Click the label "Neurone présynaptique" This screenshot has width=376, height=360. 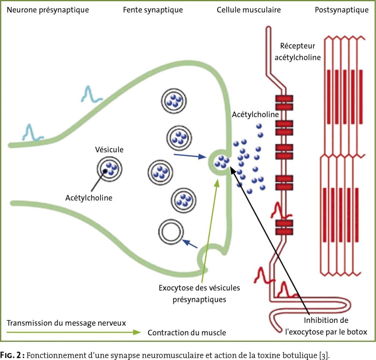tap(48, 10)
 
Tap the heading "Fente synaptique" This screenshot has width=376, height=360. tap(153, 10)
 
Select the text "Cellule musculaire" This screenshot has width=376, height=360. tap(249, 10)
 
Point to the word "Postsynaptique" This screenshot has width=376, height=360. tap(342, 10)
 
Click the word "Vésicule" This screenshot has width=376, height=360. tap(109, 150)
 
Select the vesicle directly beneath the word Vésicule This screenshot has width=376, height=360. tap(109, 169)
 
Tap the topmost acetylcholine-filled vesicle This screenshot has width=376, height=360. tap(174, 101)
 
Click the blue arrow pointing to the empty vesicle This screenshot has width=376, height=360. tap(190, 244)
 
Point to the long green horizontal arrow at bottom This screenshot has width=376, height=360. tap(73, 332)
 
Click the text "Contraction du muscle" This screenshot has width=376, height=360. tap(187, 333)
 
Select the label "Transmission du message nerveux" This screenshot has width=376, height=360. tap(66, 323)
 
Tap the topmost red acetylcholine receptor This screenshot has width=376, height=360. tap(284, 102)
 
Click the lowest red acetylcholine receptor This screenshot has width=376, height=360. tap(284, 227)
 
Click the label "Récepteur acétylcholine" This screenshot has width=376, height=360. tap(297, 51)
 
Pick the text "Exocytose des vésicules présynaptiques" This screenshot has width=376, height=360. tap(199, 294)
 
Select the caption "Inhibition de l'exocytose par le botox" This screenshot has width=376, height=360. tap(326, 326)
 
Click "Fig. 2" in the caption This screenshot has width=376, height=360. tap(12, 355)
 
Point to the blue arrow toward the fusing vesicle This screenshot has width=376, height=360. tap(190, 156)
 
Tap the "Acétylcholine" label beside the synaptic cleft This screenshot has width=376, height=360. tap(256, 114)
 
